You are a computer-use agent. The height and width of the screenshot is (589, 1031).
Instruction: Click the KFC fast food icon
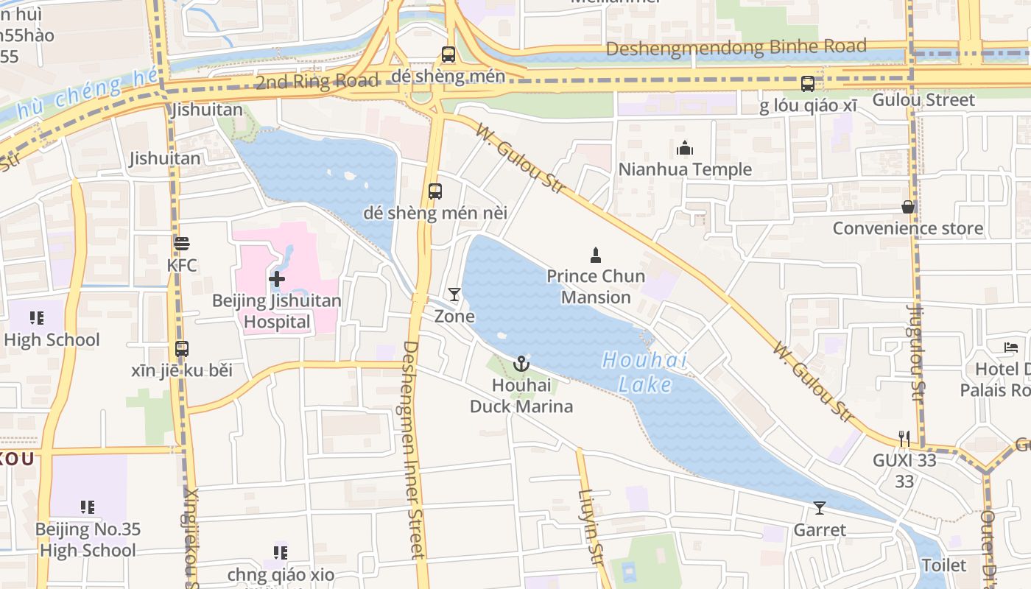coord(181,243)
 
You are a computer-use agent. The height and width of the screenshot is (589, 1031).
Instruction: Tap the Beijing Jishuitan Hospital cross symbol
coord(277,279)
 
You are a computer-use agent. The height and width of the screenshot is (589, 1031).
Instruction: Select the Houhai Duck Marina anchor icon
coord(521,364)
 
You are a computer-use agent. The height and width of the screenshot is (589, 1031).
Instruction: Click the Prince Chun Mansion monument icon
coord(596,255)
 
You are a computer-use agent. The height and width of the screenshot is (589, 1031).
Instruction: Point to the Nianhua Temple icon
coord(685,149)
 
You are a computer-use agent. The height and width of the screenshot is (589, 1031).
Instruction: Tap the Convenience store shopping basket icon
coord(908,208)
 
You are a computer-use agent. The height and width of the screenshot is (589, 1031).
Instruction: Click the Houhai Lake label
coord(645,372)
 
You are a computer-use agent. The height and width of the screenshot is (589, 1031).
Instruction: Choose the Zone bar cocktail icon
coord(454,295)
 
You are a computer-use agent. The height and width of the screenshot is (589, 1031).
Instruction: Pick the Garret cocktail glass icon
coord(819,508)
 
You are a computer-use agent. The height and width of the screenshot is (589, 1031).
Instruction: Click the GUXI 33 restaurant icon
coord(904,439)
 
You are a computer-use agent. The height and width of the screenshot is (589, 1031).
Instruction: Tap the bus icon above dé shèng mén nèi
coord(435,191)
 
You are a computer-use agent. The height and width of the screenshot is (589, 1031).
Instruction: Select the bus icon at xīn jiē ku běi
coord(181,349)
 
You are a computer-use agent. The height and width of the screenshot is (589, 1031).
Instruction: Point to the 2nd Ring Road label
coord(317,81)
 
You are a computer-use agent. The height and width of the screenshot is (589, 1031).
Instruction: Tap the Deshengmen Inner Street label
coord(415,449)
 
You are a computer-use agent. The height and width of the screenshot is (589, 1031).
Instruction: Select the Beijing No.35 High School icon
coord(88,507)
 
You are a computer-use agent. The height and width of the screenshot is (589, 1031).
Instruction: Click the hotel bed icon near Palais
coord(1011,348)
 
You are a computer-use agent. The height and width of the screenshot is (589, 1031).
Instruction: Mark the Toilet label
coord(944,565)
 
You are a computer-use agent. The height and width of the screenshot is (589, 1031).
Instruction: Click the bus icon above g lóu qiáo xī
coord(808,84)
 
